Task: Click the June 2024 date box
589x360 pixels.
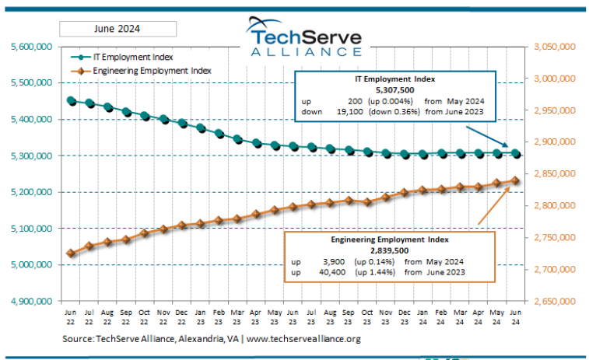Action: pyautogui.click(x=117, y=30)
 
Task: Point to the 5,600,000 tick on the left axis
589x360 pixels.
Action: pyautogui.click(x=32, y=47)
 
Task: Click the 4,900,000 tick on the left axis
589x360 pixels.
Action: pyautogui.click(x=32, y=301)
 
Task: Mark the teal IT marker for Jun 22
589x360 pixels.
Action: pyautogui.click(x=71, y=100)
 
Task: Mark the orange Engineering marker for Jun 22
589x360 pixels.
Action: pyautogui.click(x=71, y=253)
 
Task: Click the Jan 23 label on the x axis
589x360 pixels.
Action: pyautogui.click(x=201, y=314)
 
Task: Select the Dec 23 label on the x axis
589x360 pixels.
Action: pyautogui.click(x=405, y=314)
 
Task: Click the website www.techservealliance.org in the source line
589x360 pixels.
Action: pyautogui.click(x=303, y=339)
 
